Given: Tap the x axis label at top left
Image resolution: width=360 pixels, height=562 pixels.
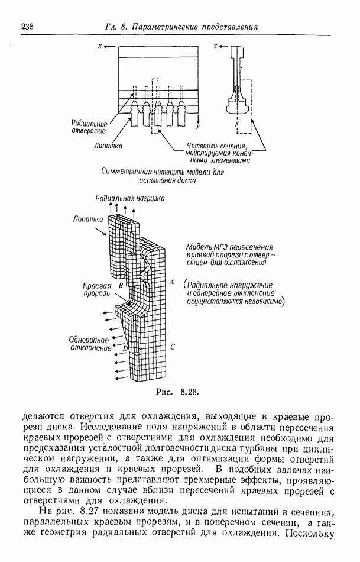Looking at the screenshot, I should click(101, 46).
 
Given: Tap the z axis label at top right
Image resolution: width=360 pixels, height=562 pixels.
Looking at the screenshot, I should click(216, 46).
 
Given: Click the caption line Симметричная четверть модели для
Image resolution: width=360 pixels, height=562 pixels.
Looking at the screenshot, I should click(164, 172).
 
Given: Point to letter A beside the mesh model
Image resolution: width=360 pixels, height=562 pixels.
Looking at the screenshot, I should click(171, 283).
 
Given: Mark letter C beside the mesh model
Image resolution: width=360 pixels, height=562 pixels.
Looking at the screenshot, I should click(172, 348).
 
